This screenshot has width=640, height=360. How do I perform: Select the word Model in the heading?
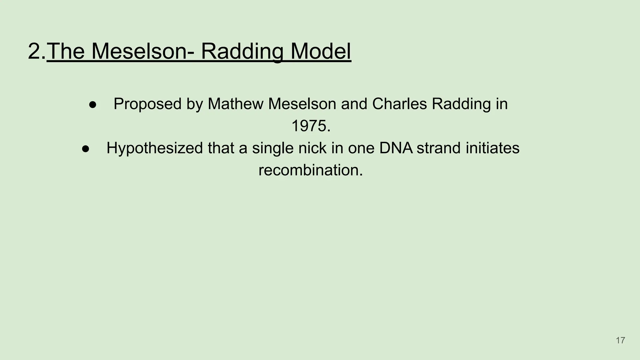[321, 51]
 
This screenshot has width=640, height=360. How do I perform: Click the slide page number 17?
[620, 340]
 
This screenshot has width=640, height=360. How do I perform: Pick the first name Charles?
[399, 104]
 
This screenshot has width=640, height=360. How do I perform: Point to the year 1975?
[311, 126]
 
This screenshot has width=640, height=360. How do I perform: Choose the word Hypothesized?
[155, 148]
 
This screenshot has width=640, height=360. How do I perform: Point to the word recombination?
[311, 171]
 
